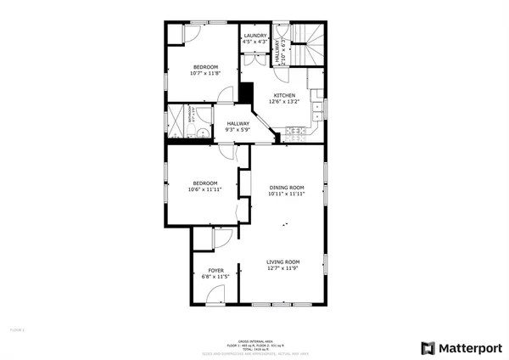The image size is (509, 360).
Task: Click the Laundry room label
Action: click(255, 35)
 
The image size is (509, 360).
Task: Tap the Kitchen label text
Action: click(284, 95)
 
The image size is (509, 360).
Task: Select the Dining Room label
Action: click(287, 187)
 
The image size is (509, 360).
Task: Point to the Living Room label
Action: click(283, 262)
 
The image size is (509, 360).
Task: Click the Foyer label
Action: click(216, 270)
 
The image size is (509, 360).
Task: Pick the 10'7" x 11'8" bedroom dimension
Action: click(204, 73)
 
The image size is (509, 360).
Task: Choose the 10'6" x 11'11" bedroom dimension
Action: click(204, 189)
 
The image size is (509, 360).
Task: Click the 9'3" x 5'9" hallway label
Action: click(238, 130)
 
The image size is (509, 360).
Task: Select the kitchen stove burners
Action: click(296, 132)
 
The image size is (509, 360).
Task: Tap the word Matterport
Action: click(469, 348)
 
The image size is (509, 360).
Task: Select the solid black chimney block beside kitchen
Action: click(247, 93)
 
